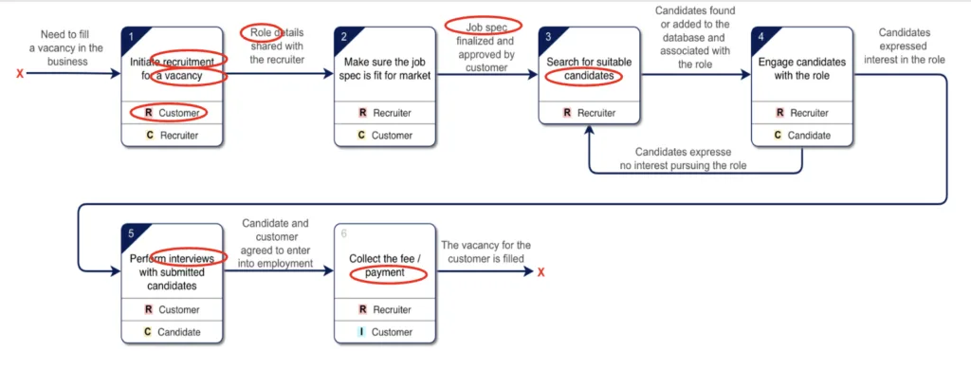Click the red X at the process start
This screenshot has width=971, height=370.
pos(20,74)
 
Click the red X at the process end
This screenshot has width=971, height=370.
pos(540,271)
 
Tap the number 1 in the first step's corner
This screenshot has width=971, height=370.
pos(131,37)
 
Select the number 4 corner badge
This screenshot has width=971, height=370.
pos(761,37)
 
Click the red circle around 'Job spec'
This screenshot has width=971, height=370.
pos(484,26)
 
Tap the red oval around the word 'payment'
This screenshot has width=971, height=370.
pos(389,273)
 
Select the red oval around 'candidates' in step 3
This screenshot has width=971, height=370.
pos(584,76)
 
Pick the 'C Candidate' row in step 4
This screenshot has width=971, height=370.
pos(802,135)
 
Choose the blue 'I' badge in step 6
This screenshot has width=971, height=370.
pos(361,332)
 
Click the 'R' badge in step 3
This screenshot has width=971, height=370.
pos(567,113)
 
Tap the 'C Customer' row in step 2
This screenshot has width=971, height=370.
pos(385,135)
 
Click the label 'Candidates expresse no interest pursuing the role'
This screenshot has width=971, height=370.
pos(684,158)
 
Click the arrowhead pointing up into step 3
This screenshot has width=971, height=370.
pos(590,130)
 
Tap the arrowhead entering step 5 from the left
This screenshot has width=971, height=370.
pos(116,271)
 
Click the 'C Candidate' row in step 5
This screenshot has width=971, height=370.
pos(173,331)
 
